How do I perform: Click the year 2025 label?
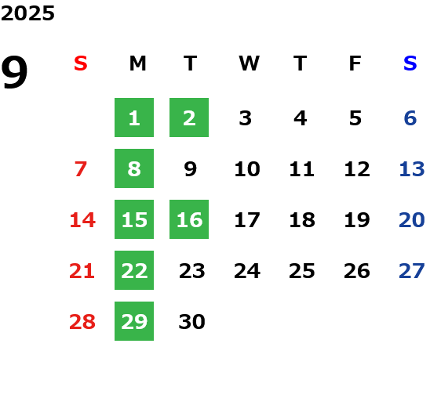click(27, 13)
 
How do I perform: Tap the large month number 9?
click(14, 72)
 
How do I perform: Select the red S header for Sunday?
click(81, 63)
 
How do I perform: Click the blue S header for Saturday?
click(410, 63)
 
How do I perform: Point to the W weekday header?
click(249, 63)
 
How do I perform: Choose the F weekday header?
click(355, 63)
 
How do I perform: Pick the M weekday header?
click(137, 63)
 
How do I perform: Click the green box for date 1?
click(134, 117)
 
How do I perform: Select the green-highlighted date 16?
click(189, 219)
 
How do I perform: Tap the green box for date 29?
click(134, 321)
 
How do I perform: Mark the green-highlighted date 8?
click(134, 168)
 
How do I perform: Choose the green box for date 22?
click(134, 270)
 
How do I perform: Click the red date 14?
click(82, 220)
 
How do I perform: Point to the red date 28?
click(82, 322)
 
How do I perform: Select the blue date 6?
click(410, 118)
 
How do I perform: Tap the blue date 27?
click(412, 271)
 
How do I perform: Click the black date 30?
click(191, 322)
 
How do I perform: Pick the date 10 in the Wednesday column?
click(247, 169)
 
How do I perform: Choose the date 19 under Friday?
click(357, 220)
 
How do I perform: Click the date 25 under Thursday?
click(302, 271)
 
